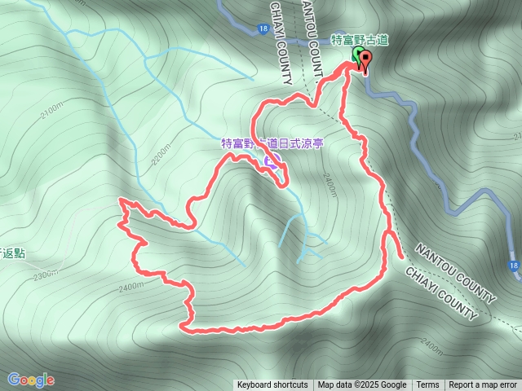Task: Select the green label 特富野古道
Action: [359, 38]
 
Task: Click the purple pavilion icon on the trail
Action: [270, 160]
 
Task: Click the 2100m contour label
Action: [50, 111]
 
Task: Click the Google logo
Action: [31, 380]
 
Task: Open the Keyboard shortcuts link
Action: [272, 385]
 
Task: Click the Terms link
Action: [427, 385]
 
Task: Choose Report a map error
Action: [484, 385]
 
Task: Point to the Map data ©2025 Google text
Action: [362, 385]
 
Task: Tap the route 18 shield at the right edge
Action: [512, 266]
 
